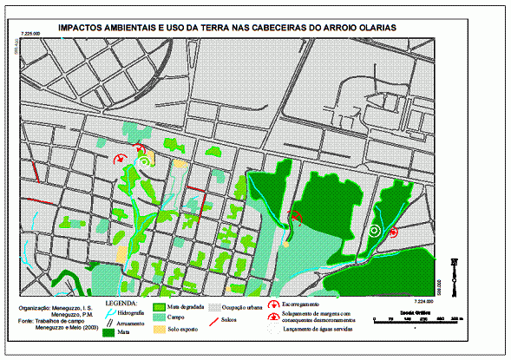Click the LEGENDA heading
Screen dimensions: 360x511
pos(121,302)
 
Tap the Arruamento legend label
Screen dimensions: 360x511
pos(130,321)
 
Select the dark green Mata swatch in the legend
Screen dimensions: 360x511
pos(109,331)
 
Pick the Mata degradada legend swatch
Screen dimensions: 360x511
pos(159,306)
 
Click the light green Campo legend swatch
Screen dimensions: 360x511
pos(159,317)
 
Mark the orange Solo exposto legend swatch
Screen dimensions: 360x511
pos(159,331)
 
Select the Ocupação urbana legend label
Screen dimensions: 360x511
pos(243,307)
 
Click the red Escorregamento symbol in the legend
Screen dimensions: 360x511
pos(273,304)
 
